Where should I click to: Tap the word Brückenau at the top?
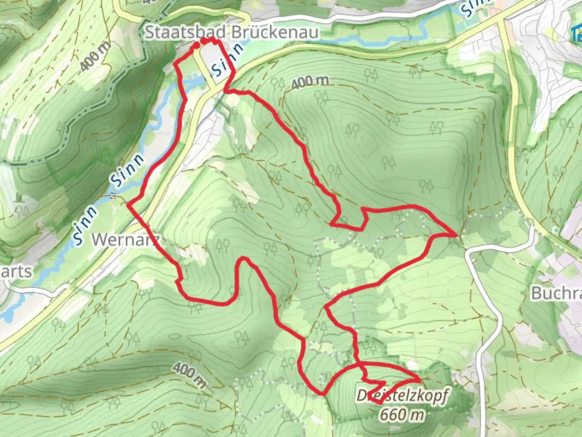(x=275, y=32)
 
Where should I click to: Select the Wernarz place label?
(x=126, y=240)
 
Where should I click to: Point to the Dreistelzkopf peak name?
(x=402, y=395)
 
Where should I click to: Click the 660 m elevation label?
(x=402, y=414)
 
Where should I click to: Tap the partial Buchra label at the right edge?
(x=556, y=293)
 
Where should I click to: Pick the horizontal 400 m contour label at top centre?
(x=310, y=82)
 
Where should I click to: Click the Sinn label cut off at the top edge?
(x=474, y=8)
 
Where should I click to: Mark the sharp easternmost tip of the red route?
(x=457, y=234)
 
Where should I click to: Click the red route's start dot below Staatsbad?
(x=196, y=45)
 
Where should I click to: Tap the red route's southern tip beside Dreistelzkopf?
(x=380, y=403)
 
